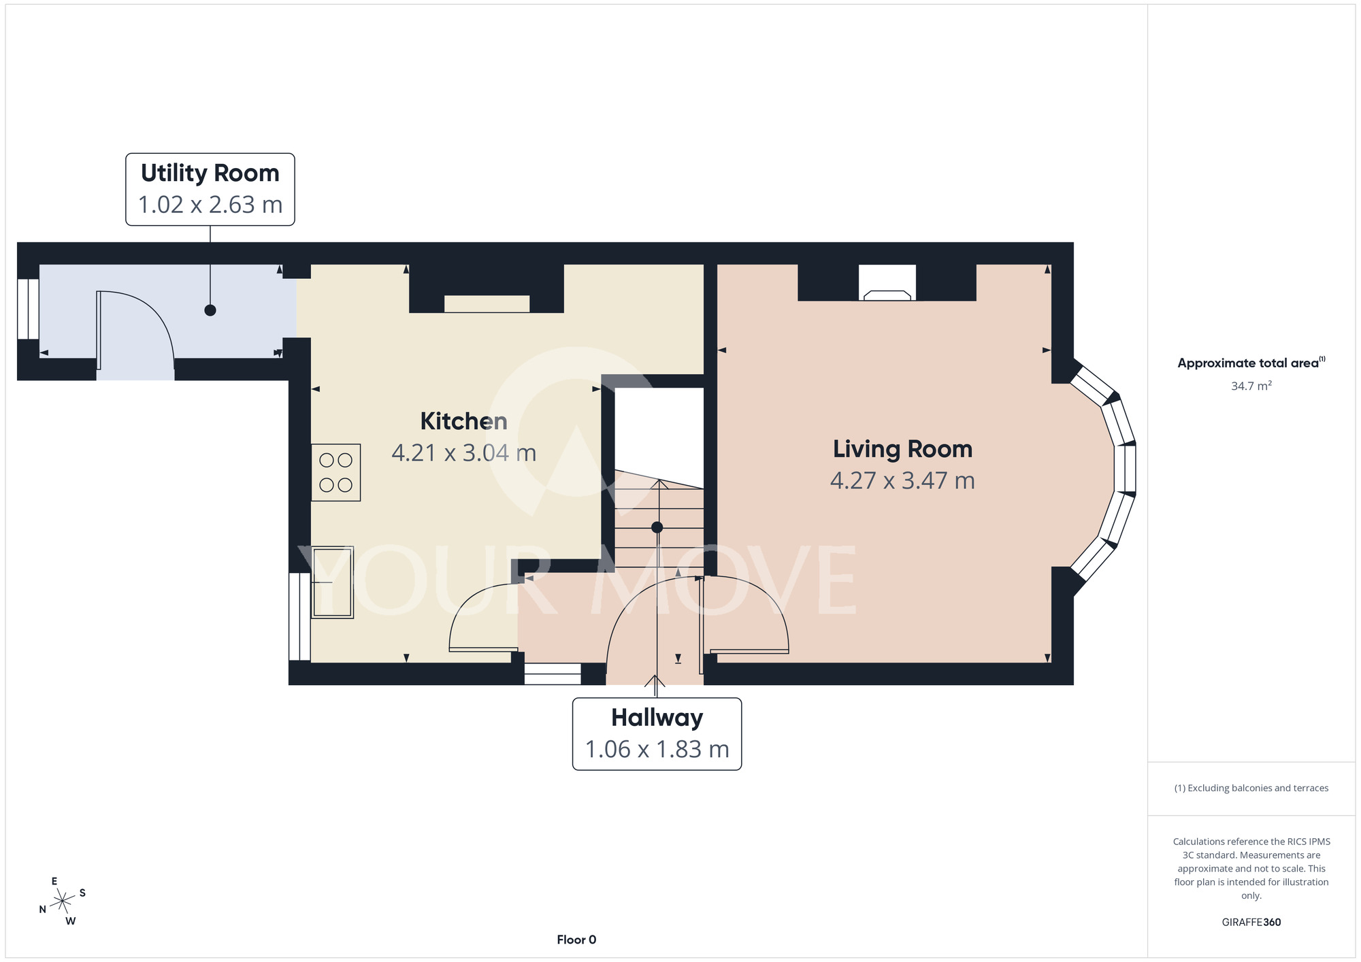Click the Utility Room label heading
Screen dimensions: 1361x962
pos(210,173)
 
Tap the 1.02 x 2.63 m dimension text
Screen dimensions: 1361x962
pos(210,205)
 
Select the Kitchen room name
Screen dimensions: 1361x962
pos(463,421)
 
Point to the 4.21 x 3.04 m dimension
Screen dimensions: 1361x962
pos(463,453)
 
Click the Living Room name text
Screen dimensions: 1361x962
pos(902,449)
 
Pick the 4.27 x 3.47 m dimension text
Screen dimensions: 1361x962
pos(902,481)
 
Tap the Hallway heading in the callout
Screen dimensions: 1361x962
pos(657,718)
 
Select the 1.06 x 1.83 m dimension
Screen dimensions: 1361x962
pos(657,750)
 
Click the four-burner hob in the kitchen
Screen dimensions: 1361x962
pos(335,472)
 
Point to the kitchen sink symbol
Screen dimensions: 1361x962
pos(332,582)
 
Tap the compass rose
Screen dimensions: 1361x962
pos(63,901)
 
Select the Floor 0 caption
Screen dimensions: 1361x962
pos(576,940)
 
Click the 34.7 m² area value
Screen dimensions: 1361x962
pos(1251,386)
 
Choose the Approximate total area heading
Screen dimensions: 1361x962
pos(1251,363)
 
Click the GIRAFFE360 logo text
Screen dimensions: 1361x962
pos(1251,923)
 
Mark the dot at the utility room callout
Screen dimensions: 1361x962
pos(210,310)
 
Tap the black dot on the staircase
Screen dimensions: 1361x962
pos(657,527)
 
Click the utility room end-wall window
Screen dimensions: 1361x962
pos(28,309)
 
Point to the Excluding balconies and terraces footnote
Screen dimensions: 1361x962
pos(1251,788)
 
